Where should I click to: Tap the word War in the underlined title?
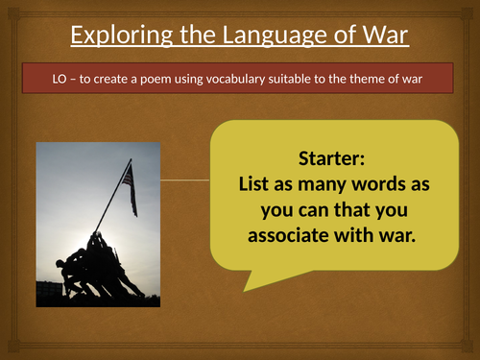382,37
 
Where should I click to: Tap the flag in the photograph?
128,185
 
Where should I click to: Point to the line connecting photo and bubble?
182,180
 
